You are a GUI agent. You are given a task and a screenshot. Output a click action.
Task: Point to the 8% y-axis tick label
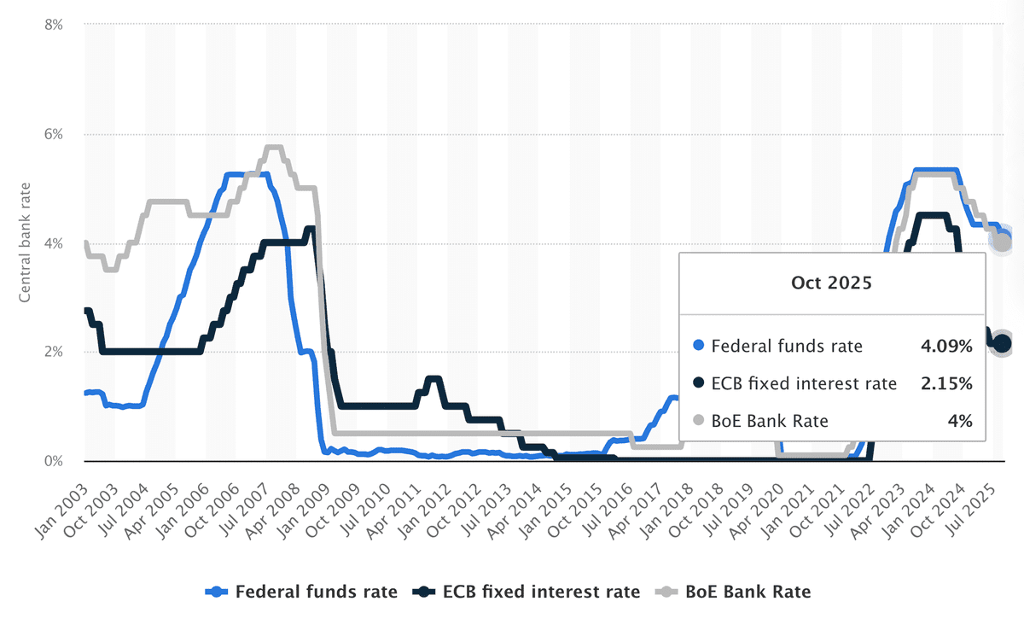(52, 26)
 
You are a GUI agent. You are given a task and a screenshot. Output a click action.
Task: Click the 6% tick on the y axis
(52, 135)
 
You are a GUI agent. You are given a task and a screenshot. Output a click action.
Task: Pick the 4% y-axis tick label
(52, 244)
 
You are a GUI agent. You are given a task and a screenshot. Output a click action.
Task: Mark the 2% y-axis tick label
(52, 353)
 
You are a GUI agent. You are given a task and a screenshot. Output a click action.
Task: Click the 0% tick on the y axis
(52, 462)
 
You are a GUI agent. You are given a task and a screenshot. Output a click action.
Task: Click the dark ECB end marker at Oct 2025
(1002, 343)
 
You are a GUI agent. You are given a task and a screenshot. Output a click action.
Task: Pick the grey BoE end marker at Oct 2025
(1002, 243)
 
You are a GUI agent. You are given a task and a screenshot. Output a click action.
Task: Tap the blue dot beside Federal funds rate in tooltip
(700, 347)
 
